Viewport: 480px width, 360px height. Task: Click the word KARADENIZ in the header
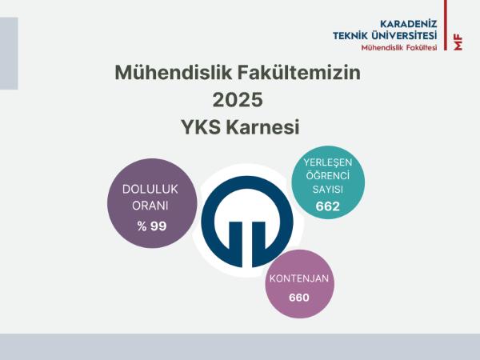(408, 23)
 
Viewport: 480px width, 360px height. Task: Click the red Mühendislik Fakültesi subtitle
(399, 48)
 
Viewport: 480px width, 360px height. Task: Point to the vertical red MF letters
(458, 42)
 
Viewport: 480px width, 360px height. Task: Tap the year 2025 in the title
(238, 100)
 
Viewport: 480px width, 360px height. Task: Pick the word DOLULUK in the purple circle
(150, 189)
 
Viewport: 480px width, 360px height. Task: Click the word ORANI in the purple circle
(150, 206)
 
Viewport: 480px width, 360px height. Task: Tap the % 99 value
(152, 226)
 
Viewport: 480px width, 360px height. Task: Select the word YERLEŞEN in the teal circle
(327, 162)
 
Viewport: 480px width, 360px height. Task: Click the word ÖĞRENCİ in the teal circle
(327, 175)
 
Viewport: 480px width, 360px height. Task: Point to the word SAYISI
(327, 189)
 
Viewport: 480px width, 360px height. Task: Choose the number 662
(327, 206)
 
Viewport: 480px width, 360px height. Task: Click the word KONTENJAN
(299, 278)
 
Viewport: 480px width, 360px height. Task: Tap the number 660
(299, 298)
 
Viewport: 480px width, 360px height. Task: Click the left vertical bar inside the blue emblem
(235, 244)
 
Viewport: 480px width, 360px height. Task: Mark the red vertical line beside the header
(446, 25)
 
